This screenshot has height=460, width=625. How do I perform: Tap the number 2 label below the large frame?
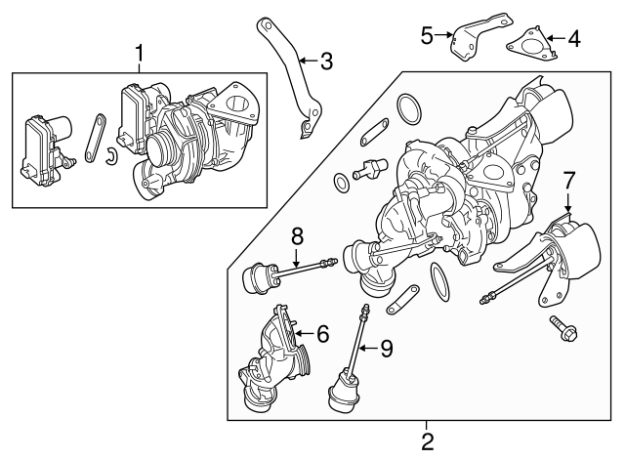[427, 441]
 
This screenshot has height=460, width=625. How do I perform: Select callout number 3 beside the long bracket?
[325, 63]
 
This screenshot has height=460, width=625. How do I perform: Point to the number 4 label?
[573, 39]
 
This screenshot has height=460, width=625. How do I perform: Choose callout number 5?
[426, 36]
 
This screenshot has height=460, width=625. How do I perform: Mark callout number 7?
[570, 181]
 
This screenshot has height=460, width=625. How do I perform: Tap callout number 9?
[387, 347]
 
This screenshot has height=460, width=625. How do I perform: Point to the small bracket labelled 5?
[476, 35]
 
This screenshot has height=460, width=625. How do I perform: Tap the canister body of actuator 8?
[257, 277]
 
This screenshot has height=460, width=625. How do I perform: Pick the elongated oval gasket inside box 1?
[92, 139]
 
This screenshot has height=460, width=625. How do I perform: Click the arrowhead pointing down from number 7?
[569, 208]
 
